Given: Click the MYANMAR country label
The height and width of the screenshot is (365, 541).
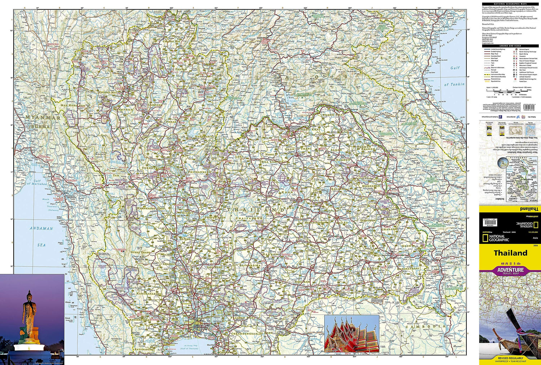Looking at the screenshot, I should (x=43, y=117).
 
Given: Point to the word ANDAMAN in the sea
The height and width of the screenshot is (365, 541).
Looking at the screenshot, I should (x=41, y=228).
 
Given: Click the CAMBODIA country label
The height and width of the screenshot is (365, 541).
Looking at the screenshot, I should (x=426, y=326).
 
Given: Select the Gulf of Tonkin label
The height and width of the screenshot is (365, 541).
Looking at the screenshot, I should (x=454, y=84).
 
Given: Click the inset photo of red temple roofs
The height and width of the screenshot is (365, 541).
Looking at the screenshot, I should (x=352, y=334).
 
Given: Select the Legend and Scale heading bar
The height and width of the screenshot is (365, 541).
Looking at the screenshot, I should (x=510, y=46).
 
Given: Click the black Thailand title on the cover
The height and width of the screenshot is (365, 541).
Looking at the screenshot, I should (x=510, y=253).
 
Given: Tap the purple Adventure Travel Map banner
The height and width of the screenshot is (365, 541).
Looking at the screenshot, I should (x=510, y=271).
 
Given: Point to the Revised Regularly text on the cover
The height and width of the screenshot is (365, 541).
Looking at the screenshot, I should (x=510, y=358).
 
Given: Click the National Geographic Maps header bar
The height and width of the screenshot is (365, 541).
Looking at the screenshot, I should (x=510, y=4).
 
